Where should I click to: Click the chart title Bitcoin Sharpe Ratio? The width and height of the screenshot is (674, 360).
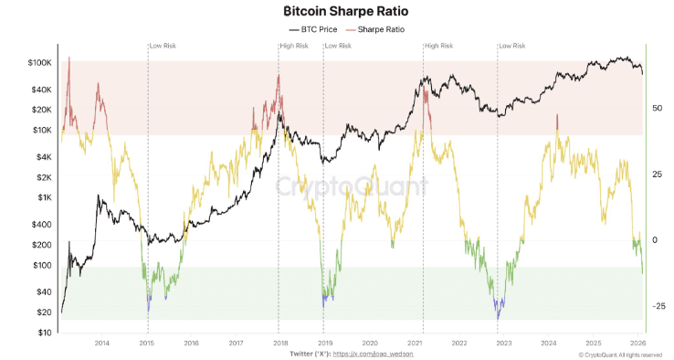(x=346, y=11)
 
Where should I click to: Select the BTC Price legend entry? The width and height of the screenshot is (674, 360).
(x=313, y=29)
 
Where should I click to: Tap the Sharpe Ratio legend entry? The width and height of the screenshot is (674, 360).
(x=375, y=29)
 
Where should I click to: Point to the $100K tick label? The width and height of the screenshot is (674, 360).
(x=39, y=63)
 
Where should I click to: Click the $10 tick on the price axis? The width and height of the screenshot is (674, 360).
(x=45, y=333)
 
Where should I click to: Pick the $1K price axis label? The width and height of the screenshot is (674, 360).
(x=44, y=197)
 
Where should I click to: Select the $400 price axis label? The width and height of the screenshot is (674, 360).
(x=43, y=224)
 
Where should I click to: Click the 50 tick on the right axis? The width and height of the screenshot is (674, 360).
(x=657, y=108)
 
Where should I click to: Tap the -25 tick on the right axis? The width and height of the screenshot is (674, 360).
(x=658, y=306)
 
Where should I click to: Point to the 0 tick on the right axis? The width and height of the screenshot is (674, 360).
(x=655, y=240)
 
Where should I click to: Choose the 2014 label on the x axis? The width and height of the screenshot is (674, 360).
(x=102, y=343)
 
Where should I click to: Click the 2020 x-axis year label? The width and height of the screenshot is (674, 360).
(x=370, y=343)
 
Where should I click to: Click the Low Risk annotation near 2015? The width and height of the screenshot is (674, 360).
(x=163, y=46)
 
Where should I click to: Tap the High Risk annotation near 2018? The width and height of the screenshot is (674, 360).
(x=294, y=46)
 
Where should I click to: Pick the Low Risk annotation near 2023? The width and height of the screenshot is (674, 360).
(x=512, y=46)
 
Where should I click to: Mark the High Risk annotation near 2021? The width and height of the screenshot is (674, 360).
(x=438, y=46)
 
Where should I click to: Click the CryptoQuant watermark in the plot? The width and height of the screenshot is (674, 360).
(x=352, y=186)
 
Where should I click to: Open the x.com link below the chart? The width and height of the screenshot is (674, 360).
(x=374, y=354)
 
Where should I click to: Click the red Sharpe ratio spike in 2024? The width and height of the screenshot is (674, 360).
(x=557, y=122)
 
